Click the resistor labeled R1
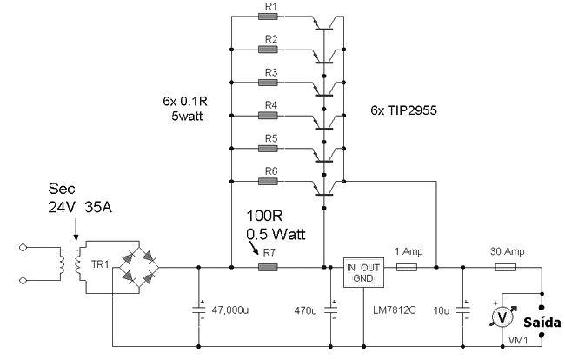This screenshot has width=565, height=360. click(x=268, y=17)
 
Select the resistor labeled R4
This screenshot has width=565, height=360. click(x=268, y=116)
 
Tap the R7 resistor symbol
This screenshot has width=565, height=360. click(x=268, y=267)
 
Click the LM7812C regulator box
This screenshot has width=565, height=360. click(x=363, y=272)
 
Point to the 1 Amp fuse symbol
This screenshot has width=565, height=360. click(x=407, y=267)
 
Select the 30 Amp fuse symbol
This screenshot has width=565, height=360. click(x=506, y=267)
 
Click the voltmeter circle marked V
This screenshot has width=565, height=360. click(x=502, y=317)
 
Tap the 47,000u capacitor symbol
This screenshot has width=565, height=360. click(x=198, y=310)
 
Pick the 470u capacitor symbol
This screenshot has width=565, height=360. click(x=331, y=310)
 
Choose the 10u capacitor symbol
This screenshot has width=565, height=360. click(x=463, y=310)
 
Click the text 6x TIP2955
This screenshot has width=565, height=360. click(x=403, y=110)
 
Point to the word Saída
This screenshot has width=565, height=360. click(x=542, y=322)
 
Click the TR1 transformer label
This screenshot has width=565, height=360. click(x=100, y=264)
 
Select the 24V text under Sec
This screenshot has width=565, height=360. click(x=62, y=207)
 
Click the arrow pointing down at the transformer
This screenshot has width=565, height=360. click(x=76, y=230)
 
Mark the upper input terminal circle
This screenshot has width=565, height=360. click(x=23, y=247)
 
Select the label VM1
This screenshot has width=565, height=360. click(x=518, y=340)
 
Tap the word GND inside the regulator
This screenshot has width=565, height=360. click(x=363, y=278)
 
